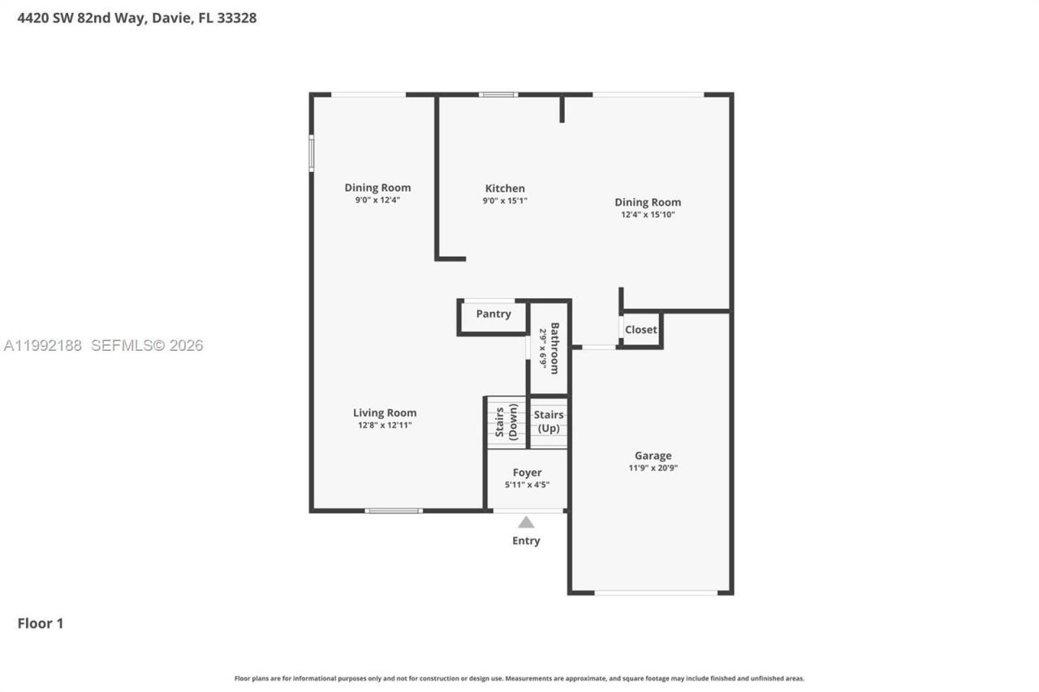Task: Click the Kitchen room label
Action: click(505, 188)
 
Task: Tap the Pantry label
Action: click(494, 314)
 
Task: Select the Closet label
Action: click(641, 330)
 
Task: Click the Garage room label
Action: click(653, 456)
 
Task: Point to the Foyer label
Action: click(527, 473)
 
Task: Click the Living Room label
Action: click(385, 413)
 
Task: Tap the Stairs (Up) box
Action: click(549, 422)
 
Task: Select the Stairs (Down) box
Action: click(506, 422)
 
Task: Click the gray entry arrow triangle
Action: click(526, 522)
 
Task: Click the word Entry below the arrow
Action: click(526, 541)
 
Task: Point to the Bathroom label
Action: click(555, 348)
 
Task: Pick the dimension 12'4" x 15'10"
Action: click(648, 215)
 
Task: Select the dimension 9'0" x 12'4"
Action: click(377, 200)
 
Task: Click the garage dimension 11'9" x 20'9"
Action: click(653, 468)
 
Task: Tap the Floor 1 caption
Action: click(41, 624)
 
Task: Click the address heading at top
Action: click(137, 17)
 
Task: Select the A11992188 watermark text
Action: click(43, 346)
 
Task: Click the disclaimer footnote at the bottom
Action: click(519, 678)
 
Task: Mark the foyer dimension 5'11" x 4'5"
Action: click(527, 485)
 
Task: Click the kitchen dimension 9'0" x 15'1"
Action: click(505, 201)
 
